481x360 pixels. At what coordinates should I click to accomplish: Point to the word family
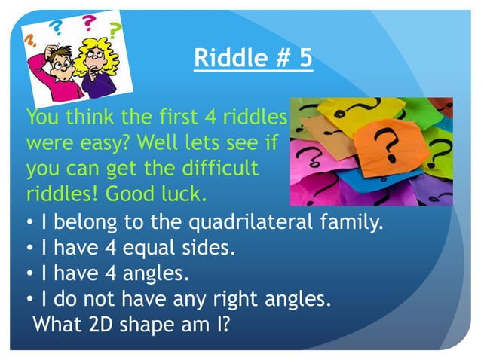tap(354, 224)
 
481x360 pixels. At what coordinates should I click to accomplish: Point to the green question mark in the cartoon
tap(115, 30)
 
